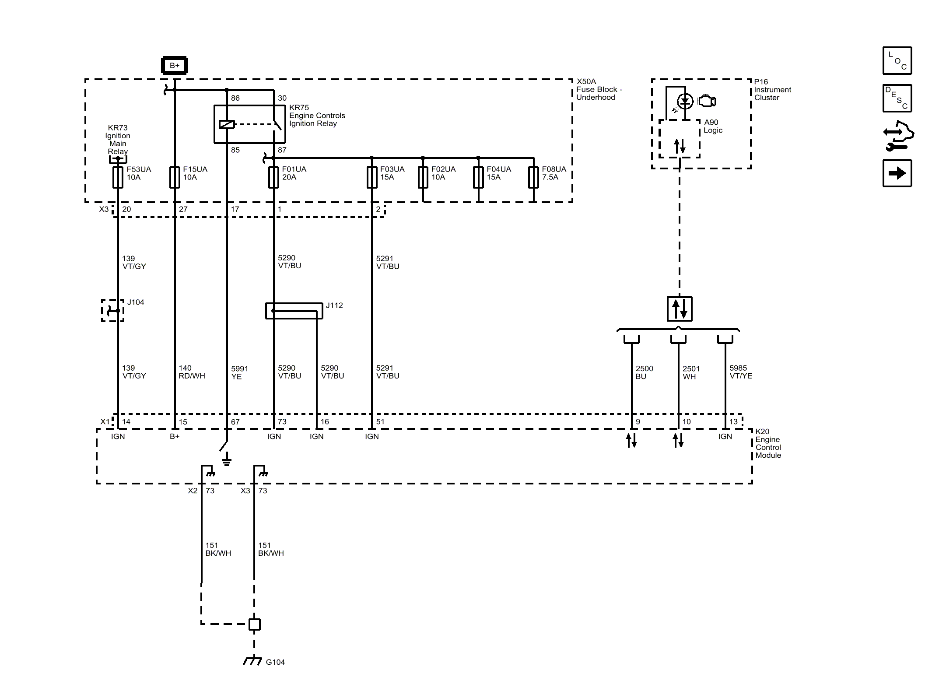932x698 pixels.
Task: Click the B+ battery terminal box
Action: [175, 65]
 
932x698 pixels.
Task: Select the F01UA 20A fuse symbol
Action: [273, 177]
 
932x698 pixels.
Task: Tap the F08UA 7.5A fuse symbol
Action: [533, 177]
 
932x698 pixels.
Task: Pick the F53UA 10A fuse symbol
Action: [118, 177]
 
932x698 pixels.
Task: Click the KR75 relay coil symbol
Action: [227, 125]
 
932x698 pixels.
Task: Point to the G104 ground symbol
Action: [252, 661]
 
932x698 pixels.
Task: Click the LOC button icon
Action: [897, 60]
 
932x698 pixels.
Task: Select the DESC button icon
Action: [897, 98]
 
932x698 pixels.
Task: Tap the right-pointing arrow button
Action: [897, 173]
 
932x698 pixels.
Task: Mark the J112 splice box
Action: [294, 311]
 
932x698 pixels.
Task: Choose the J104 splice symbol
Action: [113, 311]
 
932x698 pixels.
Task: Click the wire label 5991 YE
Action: [240, 372]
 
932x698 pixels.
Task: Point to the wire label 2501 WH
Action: [691, 372]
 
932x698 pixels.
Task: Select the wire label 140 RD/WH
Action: [192, 372]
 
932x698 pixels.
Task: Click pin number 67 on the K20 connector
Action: [235, 422]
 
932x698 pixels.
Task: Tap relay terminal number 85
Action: [235, 150]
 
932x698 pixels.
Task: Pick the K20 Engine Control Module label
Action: [768, 443]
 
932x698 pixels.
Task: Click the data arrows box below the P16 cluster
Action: [680, 309]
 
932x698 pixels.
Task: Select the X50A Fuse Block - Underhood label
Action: [599, 89]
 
